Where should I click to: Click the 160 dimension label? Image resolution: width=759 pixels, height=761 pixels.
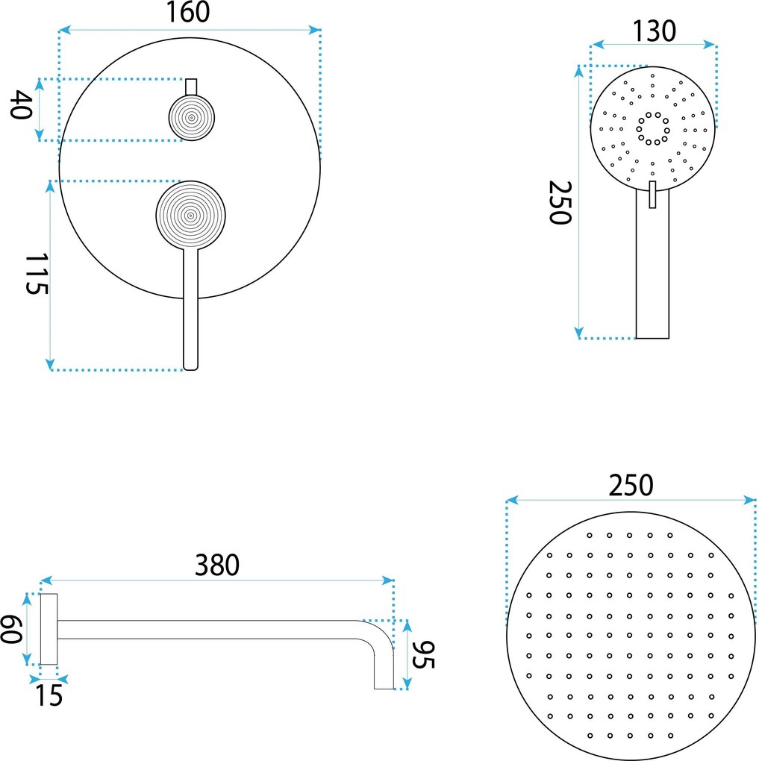coord(188,13)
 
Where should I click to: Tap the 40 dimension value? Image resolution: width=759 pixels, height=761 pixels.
coord(22,104)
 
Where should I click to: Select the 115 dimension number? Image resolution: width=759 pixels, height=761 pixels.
coord(37,274)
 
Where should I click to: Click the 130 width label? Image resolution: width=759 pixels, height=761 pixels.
coord(654,31)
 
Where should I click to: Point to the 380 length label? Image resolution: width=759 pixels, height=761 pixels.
coord(217,565)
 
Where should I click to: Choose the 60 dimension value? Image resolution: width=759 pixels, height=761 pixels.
coord(12,629)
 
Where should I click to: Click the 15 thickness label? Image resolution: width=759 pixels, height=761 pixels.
coord(49,695)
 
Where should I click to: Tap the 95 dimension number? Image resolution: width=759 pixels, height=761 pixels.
coord(423,655)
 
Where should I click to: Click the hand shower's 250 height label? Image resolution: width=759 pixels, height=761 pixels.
coord(560,202)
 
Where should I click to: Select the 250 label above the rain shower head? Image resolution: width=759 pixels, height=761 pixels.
coord(631,486)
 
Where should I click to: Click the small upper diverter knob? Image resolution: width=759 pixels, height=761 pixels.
coord(191,118)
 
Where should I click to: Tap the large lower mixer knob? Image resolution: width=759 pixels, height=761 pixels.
coord(190,216)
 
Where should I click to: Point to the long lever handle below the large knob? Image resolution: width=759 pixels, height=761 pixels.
coord(191,309)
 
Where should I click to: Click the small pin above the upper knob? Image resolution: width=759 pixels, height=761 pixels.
coord(191,87)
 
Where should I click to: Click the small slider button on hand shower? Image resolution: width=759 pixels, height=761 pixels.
coord(652,195)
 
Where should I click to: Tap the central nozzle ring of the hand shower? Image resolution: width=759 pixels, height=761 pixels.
coord(653,128)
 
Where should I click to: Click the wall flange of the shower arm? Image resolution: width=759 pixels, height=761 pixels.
coord(49,629)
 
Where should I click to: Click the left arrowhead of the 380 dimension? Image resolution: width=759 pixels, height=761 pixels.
coord(46,580)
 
